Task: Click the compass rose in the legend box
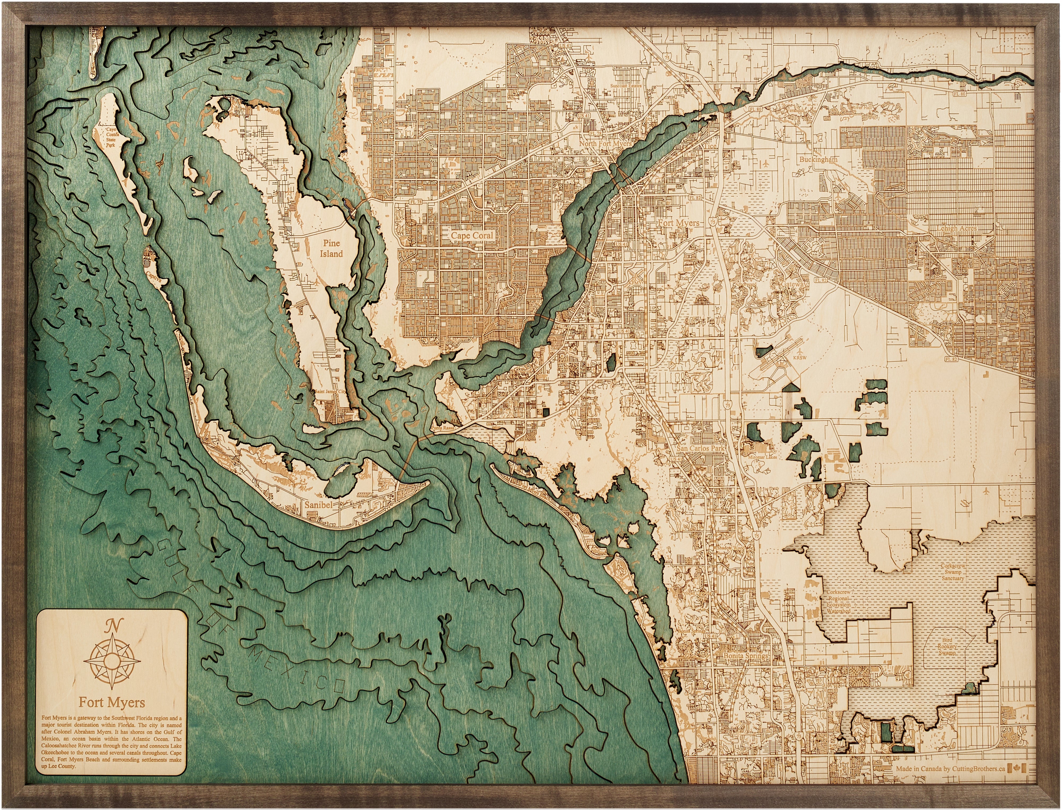[112, 659]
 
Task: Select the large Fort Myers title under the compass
[112, 702]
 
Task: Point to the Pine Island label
[331, 248]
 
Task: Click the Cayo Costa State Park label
[111, 137]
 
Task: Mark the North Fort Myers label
[605, 144]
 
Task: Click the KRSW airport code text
[799, 358]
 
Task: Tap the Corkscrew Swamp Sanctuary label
[953, 572]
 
